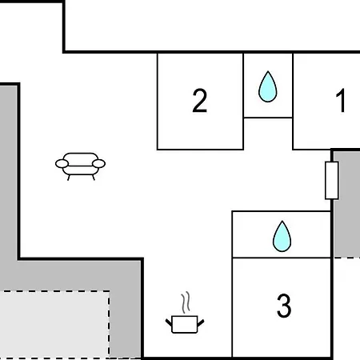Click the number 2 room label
click(x=199, y=101)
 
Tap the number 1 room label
click(x=341, y=101)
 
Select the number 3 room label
click(x=284, y=306)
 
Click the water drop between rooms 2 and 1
click(x=268, y=86)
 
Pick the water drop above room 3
click(x=282, y=237)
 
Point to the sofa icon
click(x=80, y=166)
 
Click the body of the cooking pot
click(x=185, y=324)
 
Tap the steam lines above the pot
click(x=186, y=302)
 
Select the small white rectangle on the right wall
click(x=332, y=180)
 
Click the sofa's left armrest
click(x=62, y=164)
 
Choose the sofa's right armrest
click(x=98, y=164)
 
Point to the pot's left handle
click(x=169, y=322)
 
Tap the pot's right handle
click(x=201, y=322)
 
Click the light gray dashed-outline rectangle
click(x=54, y=325)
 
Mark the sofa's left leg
click(x=69, y=178)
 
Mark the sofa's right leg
click(x=93, y=178)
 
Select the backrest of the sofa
click(x=81, y=159)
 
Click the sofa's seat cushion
click(x=81, y=170)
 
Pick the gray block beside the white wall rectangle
click(x=346, y=204)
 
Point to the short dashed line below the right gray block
click(x=346, y=258)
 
